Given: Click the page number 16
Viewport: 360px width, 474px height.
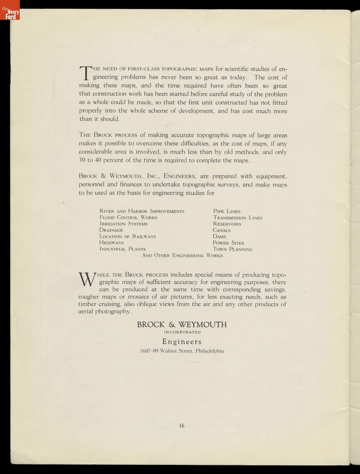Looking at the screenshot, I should tap(182, 425).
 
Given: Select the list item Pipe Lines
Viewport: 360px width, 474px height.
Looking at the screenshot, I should tap(227, 211).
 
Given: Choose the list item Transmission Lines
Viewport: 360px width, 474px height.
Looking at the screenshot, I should tap(238, 218).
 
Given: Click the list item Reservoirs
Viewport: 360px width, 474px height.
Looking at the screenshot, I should tap(227, 224).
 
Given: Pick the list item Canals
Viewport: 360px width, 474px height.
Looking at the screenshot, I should tap(221, 230).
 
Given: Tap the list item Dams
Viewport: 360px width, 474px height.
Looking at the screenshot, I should tap(219, 237).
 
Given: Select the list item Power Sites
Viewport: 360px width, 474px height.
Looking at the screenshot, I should tap(228, 243).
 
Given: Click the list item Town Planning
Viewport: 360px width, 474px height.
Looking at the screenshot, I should tap(232, 249).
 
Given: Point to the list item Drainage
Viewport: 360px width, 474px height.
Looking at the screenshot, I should tap(111, 230).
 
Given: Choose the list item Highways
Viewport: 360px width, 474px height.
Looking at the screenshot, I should tap(112, 243).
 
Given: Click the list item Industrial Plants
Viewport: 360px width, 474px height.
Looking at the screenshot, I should tap(122, 249).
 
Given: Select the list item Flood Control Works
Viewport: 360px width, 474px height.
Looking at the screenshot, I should tap(128, 218).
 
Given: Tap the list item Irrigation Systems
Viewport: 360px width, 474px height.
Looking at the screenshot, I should tap(124, 224).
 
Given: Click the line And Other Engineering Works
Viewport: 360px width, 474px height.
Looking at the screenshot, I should tap(182, 256).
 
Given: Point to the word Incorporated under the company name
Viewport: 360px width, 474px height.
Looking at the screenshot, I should tap(182, 332).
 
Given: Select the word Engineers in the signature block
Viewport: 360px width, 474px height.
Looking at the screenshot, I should tap(182, 342).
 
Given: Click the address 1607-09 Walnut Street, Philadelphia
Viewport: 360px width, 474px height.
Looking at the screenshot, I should tap(182, 351).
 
